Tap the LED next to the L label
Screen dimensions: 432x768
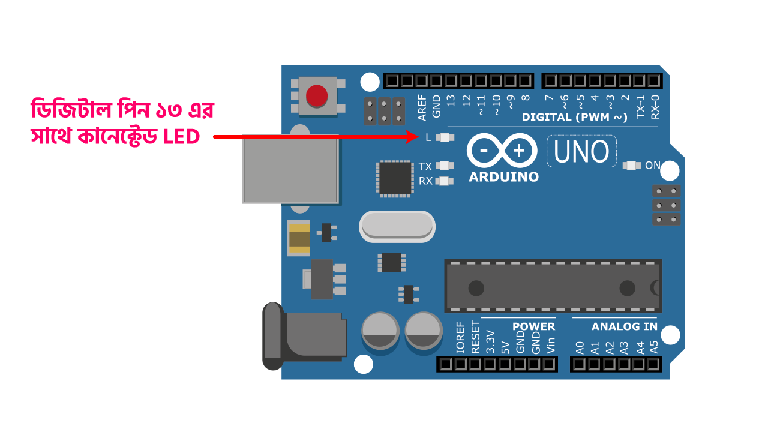tap(445, 137)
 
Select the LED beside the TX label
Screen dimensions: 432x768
tap(445, 166)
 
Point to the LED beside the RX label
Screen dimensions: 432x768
tap(445, 181)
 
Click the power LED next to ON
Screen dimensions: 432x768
tap(632, 165)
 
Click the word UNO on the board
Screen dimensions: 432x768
tap(581, 151)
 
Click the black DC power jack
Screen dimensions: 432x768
tap(304, 337)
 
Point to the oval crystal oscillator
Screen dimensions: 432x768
tap(397, 227)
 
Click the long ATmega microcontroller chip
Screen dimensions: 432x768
tap(553, 286)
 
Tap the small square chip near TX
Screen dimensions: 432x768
tap(395, 178)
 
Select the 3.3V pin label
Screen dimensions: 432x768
tap(490, 341)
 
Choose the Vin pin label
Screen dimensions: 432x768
tap(550, 344)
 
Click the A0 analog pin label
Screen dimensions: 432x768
tap(580, 347)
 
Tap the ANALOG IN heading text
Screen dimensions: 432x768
tap(624, 327)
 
